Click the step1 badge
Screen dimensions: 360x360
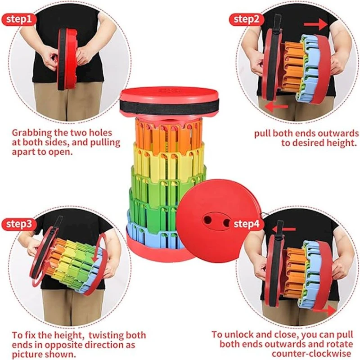19,19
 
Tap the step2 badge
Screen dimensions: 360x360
246,19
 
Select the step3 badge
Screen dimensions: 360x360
19,224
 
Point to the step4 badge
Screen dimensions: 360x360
246,224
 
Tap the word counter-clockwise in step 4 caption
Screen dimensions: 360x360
311,353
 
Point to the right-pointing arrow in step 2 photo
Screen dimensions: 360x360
315,24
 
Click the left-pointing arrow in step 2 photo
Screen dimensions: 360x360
276,106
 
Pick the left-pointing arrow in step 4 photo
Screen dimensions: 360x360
284,229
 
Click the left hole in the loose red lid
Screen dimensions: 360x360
208,220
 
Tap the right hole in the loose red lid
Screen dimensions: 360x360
227,222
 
